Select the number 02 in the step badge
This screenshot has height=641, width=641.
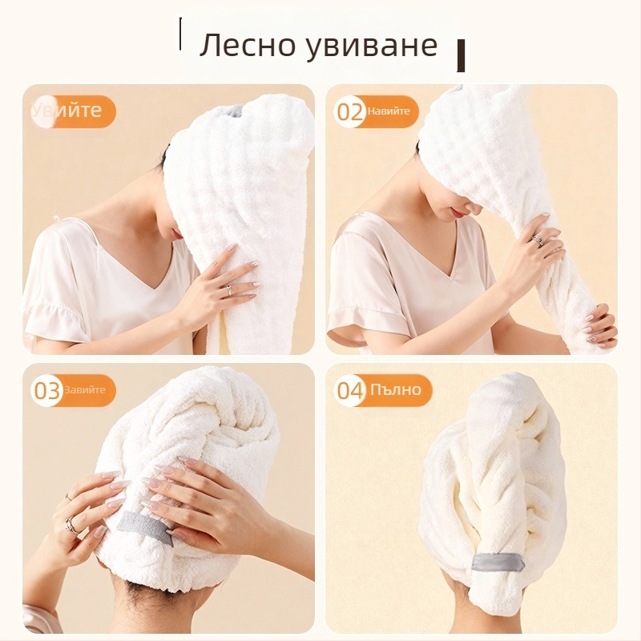point(350,112)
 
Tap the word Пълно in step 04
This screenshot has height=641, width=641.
point(395,390)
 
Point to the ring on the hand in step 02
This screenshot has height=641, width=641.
point(538,238)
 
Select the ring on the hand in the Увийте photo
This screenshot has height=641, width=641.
point(228,286)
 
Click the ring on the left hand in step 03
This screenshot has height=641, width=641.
point(71,525)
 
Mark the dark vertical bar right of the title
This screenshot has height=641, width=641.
point(461,55)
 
